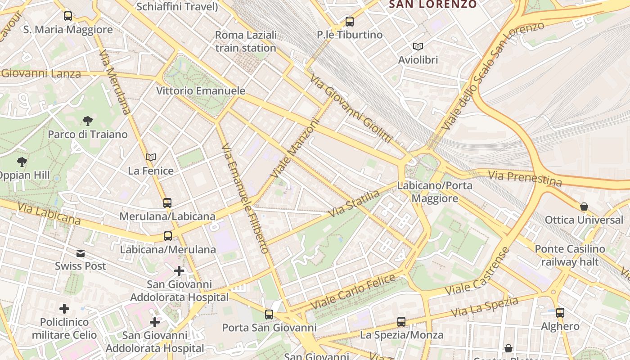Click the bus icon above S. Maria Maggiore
(x=68, y=16)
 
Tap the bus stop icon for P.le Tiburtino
(x=349, y=21)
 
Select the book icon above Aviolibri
(x=418, y=46)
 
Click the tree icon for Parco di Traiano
(x=88, y=121)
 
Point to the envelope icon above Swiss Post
(x=81, y=253)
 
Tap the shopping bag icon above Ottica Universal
(x=584, y=207)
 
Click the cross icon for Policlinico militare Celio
(x=64, y=309)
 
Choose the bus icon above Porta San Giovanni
(x=269, y=315)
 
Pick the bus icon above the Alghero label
(x=560, y=313)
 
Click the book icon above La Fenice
(x=151, y=157)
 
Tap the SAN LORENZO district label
(x=432, y=4)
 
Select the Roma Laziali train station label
(x=246, y=41)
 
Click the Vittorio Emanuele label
(x=201, y=90)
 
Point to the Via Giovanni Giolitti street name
(x=351, y=108)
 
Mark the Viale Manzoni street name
(x=294, y=148)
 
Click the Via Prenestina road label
(x=525, y=178)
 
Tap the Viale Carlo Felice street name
(x=353, y=292)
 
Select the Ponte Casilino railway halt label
(x=570, y=255)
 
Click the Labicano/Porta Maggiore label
(x=435, y=192)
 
